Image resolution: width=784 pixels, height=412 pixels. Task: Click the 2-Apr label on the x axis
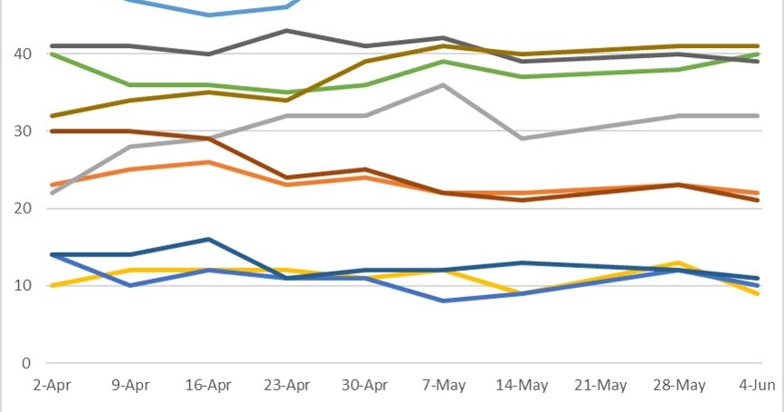(x=52, y=385)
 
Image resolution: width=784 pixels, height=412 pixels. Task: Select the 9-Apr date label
(x=130, y=385)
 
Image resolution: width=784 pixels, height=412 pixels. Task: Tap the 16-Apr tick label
(x=208, y=385)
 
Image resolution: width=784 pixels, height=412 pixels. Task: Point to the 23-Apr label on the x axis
(x=287, y=385)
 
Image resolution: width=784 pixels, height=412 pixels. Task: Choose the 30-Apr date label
(x=365, y=385)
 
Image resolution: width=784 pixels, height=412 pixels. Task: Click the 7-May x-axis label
(x=443, y=385)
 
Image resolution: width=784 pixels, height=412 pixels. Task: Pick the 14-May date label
(x=522, y=385)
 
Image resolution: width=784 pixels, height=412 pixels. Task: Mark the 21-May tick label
(x=600, y=385)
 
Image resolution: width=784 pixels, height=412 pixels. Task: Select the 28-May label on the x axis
(x=679, y=385)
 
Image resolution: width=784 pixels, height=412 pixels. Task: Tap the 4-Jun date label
(x=757, y=385)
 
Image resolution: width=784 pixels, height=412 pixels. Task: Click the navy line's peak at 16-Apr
(x=209, y=239)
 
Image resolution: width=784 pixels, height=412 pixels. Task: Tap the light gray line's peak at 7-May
(x=443, y=85)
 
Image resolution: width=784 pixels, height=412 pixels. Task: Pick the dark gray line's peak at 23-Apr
(x=287, y=31)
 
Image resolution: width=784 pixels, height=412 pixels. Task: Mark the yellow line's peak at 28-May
(x=679, y=263)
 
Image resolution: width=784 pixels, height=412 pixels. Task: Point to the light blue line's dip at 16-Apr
(x=209, y=15)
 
